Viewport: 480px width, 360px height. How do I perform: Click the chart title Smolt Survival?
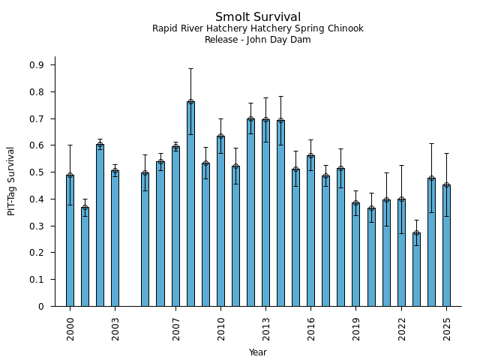tap(258, 17)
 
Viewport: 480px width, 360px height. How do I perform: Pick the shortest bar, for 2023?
tap(416, 269)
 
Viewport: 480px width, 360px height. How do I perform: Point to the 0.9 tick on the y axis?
tap(37, 65)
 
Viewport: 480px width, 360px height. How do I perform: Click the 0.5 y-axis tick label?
tap(37, 172)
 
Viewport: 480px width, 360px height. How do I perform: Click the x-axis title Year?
tap(258, 352)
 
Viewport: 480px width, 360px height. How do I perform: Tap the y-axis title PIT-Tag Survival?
tap(11, 181)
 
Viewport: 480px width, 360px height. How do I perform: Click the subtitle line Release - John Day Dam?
tap(258, 40)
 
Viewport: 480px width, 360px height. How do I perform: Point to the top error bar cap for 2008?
tap(190, 68)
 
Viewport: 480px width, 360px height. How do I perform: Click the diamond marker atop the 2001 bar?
tap(85, 208)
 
